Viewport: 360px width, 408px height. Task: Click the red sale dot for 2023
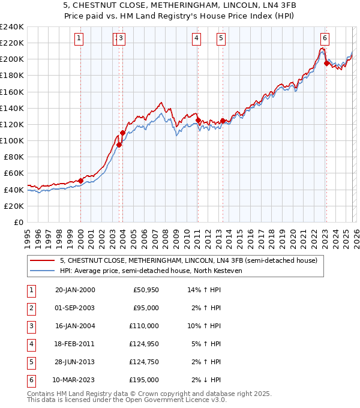(326, 63)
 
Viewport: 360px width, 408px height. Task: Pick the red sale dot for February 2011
(197, 120)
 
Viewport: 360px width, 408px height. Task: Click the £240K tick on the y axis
(12, 26)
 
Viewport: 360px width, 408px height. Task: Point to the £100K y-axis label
(12, 140)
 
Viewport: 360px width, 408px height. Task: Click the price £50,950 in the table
(146, 290)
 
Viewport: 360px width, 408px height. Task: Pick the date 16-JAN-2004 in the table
(74, 326)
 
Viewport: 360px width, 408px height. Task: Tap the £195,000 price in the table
(144, 380)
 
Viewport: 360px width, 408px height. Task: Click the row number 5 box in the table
(31, 362)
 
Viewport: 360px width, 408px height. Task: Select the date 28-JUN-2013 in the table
(74, 362)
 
